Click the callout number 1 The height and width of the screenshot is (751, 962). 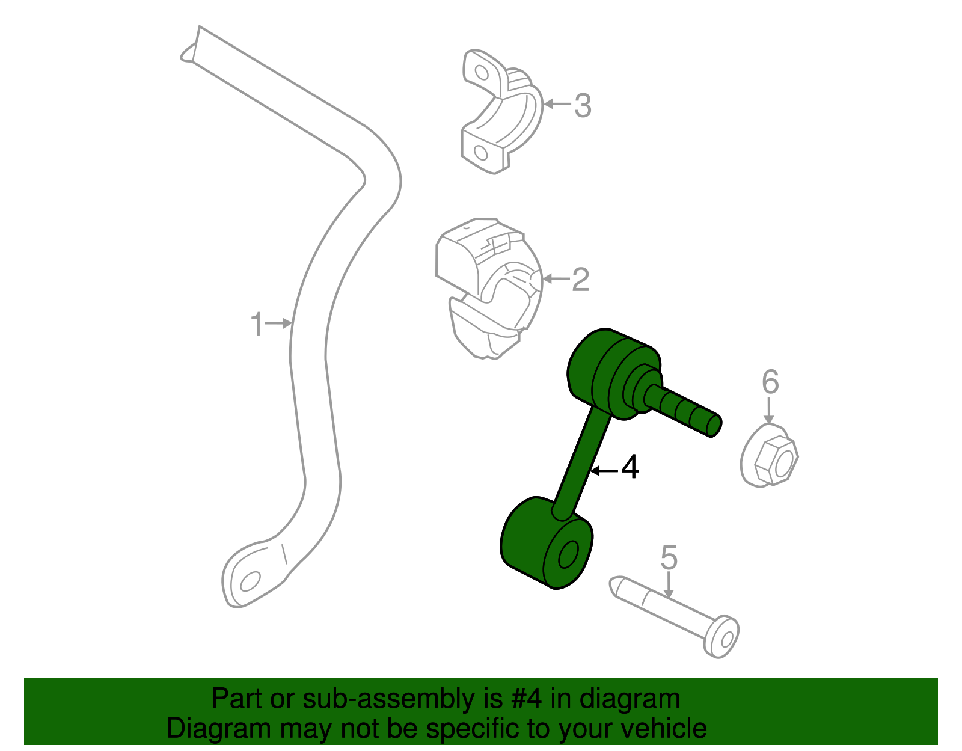pyautogui.click(x=257, y=325)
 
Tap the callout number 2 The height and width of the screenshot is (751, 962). pyautogui.click(x=580, y=280)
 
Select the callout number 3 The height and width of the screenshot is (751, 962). pyautogui.click(x=583, y=106)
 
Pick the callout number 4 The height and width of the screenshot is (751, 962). pyautogui.click(x=630, y=468)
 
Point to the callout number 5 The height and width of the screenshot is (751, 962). pyautogui.click(x=669, y=557)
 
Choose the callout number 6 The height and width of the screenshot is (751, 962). pyautogui.click(x=770, y=382)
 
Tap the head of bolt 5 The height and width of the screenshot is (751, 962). pyautogui.click(x=722, y=636)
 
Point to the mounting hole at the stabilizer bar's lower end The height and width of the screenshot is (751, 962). pyautogui.click(x=249, y=581)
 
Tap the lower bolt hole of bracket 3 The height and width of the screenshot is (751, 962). pyautogui.click(x=481, y=152)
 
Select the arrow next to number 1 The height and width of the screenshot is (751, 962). pyautogui.click(x=280, y=323)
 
